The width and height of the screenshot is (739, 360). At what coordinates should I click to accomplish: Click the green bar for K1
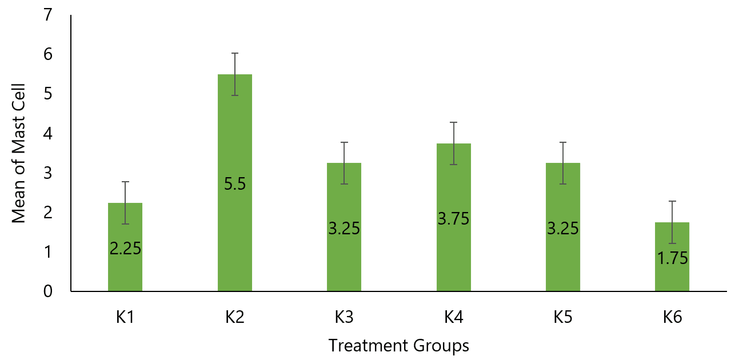coord(125,269)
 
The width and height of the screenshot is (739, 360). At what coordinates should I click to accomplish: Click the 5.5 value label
coord(235,185)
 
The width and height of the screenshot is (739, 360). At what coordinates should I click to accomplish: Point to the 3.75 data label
coord(454,218)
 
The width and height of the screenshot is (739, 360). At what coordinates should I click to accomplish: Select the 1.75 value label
coord(672,258)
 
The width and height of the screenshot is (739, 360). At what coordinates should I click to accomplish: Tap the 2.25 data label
coord(125,249)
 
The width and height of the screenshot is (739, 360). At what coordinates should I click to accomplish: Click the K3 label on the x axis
coord(344,317)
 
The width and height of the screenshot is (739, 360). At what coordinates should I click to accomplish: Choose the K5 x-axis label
coord(563,317)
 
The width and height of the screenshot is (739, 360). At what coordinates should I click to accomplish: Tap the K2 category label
coord(235,317)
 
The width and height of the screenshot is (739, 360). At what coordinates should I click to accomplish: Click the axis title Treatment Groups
coord(399,346)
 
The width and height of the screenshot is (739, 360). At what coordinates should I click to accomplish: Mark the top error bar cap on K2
coord(235,53)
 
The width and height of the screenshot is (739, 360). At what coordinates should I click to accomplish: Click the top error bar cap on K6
coord(672,201)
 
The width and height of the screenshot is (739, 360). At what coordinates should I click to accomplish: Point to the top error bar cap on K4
coord(454,122)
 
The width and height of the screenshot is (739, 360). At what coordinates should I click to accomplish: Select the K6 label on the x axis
coord(672,317)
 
